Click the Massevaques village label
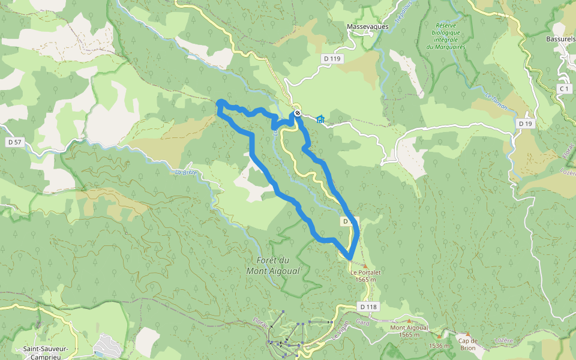[x=368, y=26]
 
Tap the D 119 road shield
[x=331, y=59]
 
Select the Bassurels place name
[x=560, y=39]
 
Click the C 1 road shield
[x=563, y=89]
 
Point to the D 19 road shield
[x=525, y=124]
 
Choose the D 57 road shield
[x=14, y=142]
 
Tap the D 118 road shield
[x=369, y=307]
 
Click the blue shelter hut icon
[x=320, y=119]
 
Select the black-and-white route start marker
[x=297, y=113]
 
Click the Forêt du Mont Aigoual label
[x=272, y=266]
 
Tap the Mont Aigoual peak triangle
[x=410, y=321]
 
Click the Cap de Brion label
[x=467, y=343]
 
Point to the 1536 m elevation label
[x=439, y=346]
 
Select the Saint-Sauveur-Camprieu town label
[x=45, y=352]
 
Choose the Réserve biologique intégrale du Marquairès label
[x=446, y=36]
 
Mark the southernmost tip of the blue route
[x=350, y=259]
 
